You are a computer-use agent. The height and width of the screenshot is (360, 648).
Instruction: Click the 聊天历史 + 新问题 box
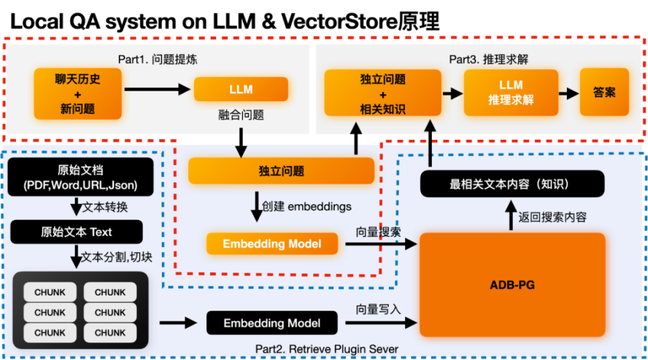click(78, 93)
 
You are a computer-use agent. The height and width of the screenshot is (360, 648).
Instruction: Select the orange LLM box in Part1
click(241, 89)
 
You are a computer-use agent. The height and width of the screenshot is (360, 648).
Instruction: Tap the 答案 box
click(604, 92)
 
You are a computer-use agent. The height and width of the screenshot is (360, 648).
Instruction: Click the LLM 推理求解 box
click(511, 92)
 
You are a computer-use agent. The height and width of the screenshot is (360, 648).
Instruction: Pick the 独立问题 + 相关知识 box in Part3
click(383, 93)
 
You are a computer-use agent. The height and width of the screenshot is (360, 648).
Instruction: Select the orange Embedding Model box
click(272, 244)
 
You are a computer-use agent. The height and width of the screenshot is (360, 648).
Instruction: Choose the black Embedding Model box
click(272, 323)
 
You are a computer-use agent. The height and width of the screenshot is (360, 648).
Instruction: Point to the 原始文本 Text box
click(76, 232)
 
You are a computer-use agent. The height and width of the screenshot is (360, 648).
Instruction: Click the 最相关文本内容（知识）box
click(512, 184)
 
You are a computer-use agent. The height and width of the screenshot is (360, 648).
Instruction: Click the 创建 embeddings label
click(311, 206)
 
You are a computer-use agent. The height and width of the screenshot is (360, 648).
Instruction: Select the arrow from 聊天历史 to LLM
click(157, 89)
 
